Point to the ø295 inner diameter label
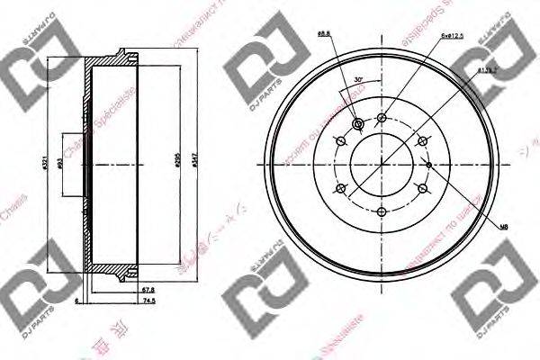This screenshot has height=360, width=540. point(181,163)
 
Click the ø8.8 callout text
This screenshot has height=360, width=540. point(322,33)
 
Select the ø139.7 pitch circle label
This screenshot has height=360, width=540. point(488,69)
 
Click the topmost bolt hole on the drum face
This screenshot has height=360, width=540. point(383,117)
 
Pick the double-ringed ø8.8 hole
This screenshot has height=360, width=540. point(359,124)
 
